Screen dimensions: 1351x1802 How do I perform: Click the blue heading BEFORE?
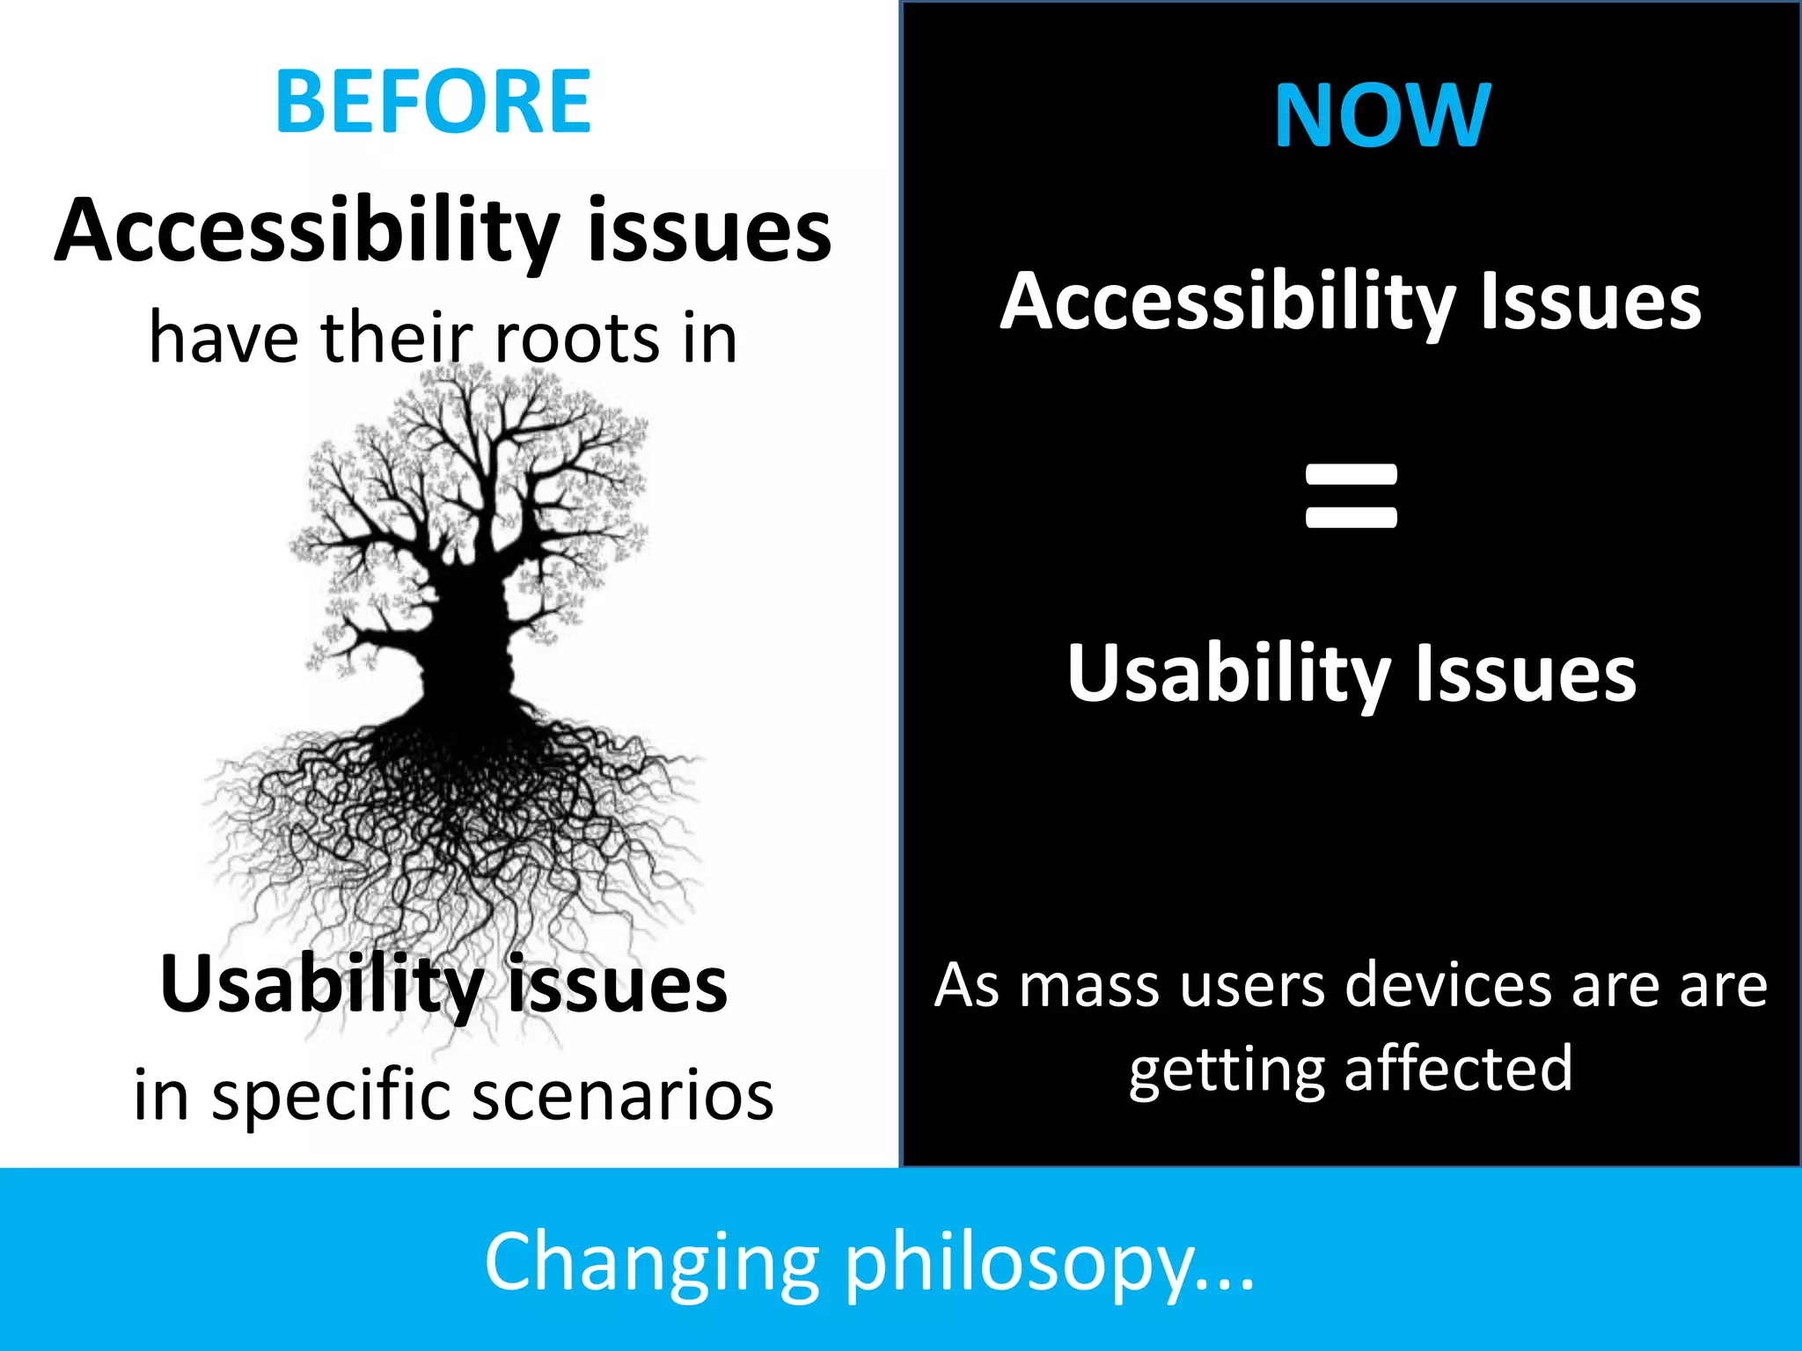(433, 102)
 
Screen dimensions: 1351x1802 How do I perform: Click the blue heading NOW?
(1382, 115)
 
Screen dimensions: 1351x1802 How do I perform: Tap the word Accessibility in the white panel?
(306, 230)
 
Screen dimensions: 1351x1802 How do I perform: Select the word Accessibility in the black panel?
(1227, 302)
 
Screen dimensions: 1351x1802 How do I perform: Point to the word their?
(398, 338)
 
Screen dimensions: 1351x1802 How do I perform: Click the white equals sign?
(1351, 496)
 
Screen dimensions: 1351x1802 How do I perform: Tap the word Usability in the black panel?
(1228, 674)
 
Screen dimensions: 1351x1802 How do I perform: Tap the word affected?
(1458, 1069)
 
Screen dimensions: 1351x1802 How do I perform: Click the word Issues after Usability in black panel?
(1526, 674)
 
